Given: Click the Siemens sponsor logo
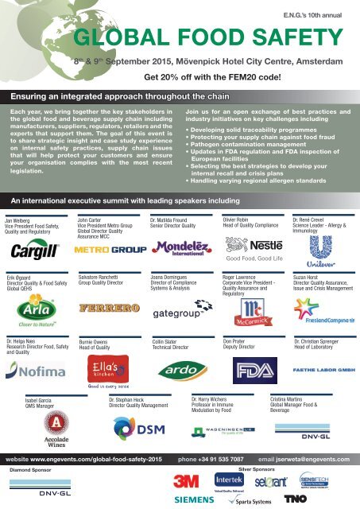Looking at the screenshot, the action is (194, 499).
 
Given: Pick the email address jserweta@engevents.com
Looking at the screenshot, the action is (313, 460).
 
